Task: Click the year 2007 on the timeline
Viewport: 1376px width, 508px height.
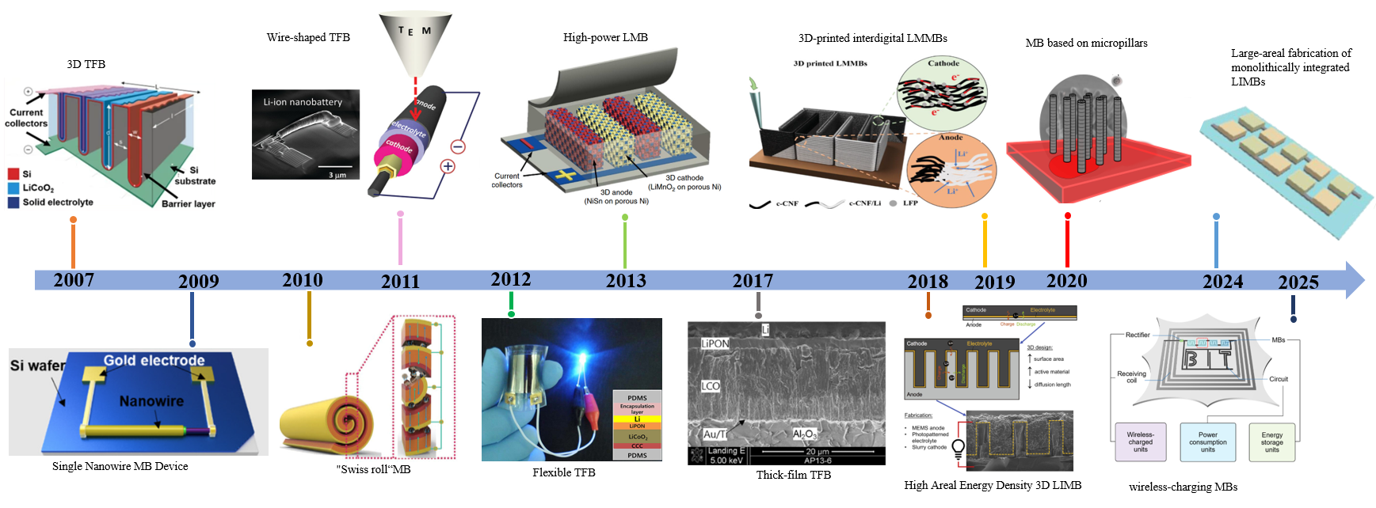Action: tap(74, 280)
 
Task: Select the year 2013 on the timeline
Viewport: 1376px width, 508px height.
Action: tap(626, 281)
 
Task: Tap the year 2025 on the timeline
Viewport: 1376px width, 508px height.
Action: tap(1298, 282)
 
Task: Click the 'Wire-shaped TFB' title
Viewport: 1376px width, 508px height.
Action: tap(308, 37)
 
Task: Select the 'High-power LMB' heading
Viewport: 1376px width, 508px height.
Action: tap(605, 37)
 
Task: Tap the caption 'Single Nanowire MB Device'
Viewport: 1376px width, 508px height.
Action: tap(120, 466)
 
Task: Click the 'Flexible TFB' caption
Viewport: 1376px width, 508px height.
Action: tap(563, 472)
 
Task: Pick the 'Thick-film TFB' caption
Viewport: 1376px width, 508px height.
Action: tap(793, 475)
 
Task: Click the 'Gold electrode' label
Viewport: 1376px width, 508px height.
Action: tap(154, 361)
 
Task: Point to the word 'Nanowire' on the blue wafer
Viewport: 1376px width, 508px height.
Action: tap(151, 401)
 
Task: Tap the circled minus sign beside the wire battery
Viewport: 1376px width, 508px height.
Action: tap(458, 146)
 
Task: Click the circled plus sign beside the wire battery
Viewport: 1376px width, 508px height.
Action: tap(448, 166)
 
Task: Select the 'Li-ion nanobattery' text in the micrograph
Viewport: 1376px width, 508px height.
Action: tap(303, 102)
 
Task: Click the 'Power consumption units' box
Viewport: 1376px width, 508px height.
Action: tap(1207, 442)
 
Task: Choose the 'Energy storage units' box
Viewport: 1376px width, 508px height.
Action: tap(1271, 442)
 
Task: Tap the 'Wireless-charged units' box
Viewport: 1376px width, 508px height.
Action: tap(1140, 442)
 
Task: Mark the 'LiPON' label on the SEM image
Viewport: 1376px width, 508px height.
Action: tap(715, 343)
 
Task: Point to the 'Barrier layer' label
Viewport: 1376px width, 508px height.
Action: tap(188, 204)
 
